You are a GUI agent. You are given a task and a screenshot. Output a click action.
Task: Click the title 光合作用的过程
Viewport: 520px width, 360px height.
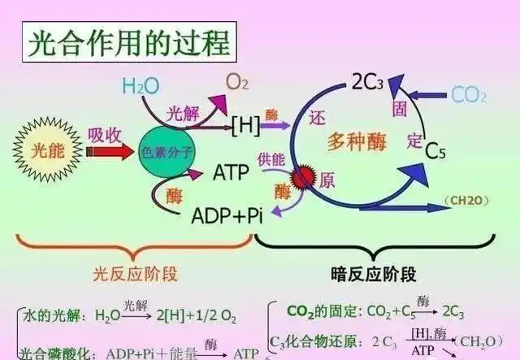coord(130,41)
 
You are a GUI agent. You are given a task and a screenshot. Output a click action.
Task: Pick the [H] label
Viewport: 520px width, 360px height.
coord(245,125)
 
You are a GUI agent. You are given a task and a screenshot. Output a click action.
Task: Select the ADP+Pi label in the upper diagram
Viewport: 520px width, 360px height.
coord(227,216)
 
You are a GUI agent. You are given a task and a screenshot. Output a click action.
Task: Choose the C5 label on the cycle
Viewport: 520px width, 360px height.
coord(436,151)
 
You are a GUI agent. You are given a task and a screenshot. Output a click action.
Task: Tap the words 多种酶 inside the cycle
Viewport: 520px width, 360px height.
coord(357,142)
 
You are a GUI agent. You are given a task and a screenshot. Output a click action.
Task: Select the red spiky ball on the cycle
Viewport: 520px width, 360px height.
coord(304,176)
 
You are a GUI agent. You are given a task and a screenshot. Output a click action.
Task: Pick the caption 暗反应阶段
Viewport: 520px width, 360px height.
coord(374,272)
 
